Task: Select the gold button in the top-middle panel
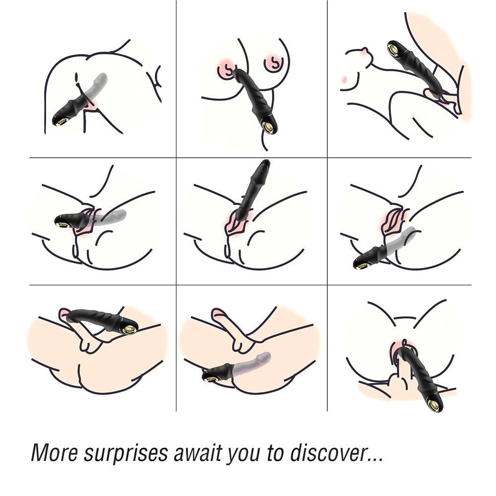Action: coord(269,127)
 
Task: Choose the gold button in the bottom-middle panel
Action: coord(208,377)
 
